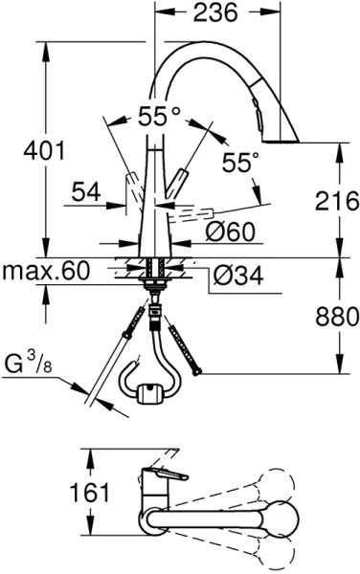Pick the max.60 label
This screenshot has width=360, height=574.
click(45, 272)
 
